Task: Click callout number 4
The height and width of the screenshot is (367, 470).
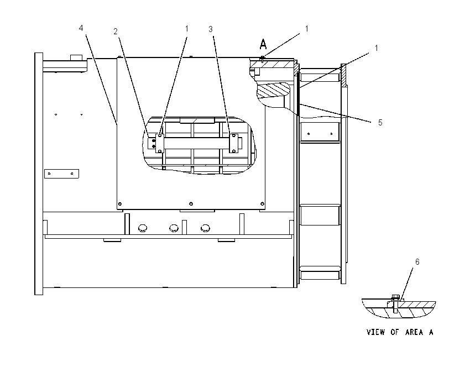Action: [x=81, y=28]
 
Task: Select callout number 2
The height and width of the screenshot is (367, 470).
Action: [x=116, y=32]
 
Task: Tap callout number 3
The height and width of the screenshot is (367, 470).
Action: [x=211, y=29]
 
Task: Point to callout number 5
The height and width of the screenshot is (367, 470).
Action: [x=380, y=123]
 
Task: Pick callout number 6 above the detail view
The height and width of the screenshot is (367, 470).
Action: [x=417, y=262]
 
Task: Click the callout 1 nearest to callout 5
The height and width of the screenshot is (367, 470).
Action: [x=377, y=48]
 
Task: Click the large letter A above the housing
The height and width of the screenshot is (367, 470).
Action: [x=263, y=44]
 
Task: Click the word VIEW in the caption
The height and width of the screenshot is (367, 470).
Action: [x=375, y=332]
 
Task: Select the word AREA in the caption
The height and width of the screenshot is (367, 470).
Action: [x=414, y=332]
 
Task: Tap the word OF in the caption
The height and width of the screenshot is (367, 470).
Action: [x=394, y=332]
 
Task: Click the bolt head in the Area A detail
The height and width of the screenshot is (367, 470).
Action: [x=395, y=297]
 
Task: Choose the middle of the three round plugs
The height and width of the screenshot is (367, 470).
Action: [x=174, y=228]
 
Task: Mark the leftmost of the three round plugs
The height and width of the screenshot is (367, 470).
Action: [x=143, y=228]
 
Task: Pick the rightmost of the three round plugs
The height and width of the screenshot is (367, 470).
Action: [x=205, y=228]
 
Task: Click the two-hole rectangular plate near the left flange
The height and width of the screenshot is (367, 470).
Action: [x=61, y=174]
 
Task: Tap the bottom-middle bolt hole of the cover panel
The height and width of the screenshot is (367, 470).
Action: [x=191, y=204]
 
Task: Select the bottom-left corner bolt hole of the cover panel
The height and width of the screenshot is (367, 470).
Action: [x=120, y=205]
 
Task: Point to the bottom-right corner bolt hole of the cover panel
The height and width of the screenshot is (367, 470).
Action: [x=262, y=204]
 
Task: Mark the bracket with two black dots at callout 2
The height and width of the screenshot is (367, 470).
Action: [x=152, y=143]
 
